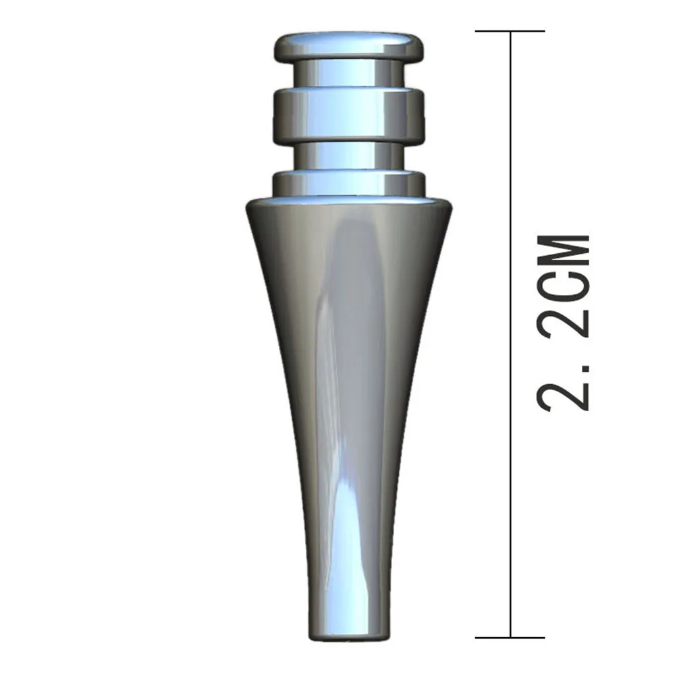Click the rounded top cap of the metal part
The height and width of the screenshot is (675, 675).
click(x=349, y=45)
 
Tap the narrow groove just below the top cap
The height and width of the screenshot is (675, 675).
click(x=349, y=72)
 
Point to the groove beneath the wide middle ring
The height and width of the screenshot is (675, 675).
click(x=349, y=155)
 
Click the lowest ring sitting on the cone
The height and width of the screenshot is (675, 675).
click(x=349, y=184)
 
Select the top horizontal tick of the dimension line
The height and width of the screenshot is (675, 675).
click(x=510, y=31)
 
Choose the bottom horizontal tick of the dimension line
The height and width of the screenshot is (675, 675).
click(x=510, y=637)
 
